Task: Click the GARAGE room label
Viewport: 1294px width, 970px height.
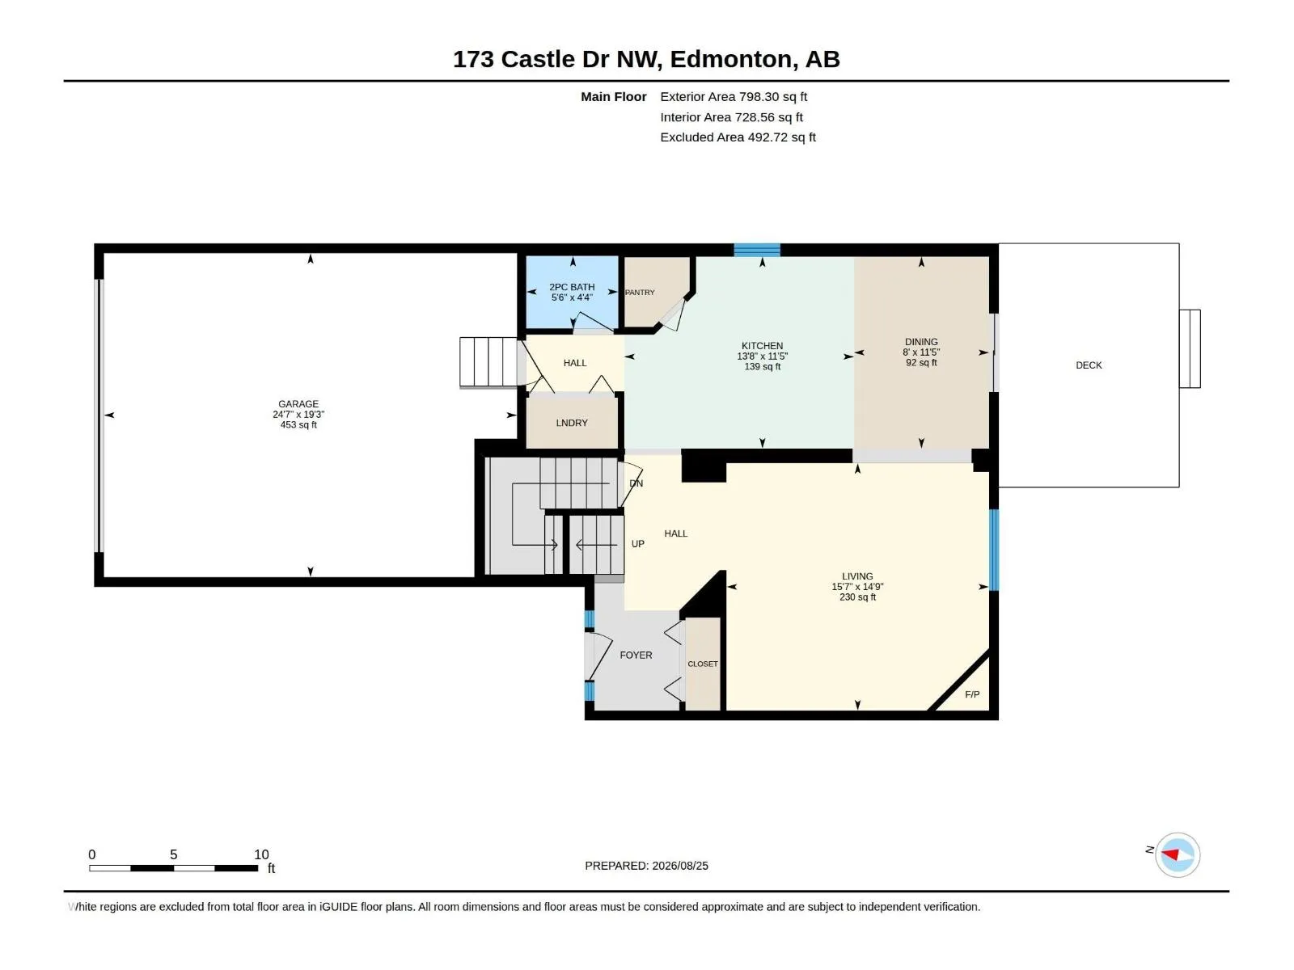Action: click(x=298, y=404)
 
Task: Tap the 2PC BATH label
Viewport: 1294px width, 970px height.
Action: click(x=572, y=287)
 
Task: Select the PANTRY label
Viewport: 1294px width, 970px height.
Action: click(x=640, y=292)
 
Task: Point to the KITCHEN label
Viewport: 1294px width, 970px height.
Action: click(x=763, y=346)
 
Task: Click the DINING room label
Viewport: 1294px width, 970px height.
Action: click(x=921, y=342)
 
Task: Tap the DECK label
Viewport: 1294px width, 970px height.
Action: click(x=1089, y=365)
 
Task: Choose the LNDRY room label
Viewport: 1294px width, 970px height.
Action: click(x=572, y=423)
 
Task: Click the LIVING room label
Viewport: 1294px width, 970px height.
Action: click(x=858, y=576)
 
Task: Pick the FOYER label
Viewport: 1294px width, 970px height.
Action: click(x=636, y=655)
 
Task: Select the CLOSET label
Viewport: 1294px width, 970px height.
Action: click(x=703, y=664)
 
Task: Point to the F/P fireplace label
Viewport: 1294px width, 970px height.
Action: click(x=972, y=694)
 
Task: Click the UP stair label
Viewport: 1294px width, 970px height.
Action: click(x=638, y=543)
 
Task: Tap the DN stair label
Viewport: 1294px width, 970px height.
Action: click(x=636, y=483)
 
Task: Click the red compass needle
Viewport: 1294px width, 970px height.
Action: click(x=1169, y=854)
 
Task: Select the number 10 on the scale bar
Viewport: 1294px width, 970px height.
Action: click(x=261, y=854)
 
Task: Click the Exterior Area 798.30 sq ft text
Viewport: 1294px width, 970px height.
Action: click(x=734, y=96)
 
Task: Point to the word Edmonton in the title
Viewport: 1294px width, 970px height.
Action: click(x=731, y=59)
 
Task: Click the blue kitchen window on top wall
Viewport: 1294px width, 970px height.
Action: click(x=757, y=250)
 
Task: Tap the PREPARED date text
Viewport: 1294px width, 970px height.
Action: click(x=647, y=866)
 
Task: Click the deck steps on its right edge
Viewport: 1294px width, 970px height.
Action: click(x=1190, y=348)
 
